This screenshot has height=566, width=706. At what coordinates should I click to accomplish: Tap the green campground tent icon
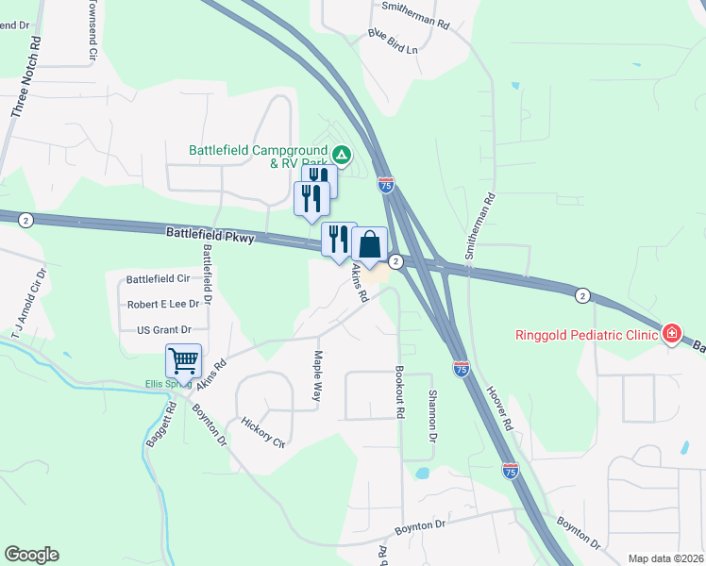pyautogui.click(x=342, y=153)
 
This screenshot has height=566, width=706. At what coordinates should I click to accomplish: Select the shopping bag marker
pyautogui.click(x=370, y=244)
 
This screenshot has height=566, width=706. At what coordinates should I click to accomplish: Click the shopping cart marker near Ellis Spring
pyautogui.click(x=183, y=360)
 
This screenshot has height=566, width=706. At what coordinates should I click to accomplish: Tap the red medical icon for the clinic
pyautogui.click(x=671, y=333)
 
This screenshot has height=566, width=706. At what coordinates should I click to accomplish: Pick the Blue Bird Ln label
pyautogui.click(x=393, y=42)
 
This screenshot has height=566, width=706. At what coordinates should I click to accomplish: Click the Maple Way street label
pyautogui.click(x=318, y=376)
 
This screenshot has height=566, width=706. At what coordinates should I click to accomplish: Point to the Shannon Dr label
pyautogui.click(x=433, y=417)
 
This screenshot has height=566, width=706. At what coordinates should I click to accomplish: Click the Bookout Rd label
pyautogui.click(x=400, y=395)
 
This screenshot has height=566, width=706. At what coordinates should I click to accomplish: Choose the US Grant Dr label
pyautogui.click(x=164, y=330)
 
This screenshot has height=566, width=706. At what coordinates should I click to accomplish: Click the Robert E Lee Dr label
pyautogui.click(x=163, y=305)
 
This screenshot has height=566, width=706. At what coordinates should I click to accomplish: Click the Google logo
pyautogui.click(x=31, y=555)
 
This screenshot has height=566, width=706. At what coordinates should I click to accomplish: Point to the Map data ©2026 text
pyautogui.click(x=664, y=558)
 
